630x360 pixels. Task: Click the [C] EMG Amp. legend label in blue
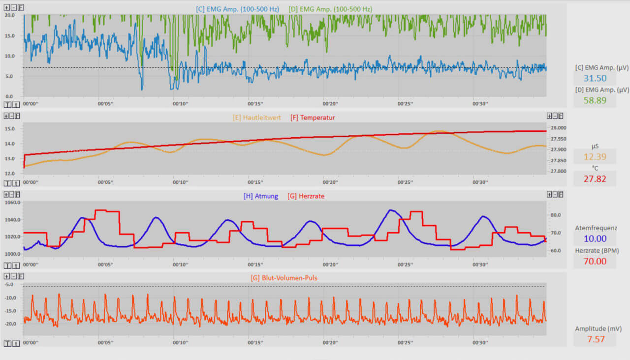pyautogui.click(x=238, y=9)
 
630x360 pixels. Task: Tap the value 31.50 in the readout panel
pyautogui.click(x=595, y=78)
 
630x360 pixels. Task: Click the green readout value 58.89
pyautogui.click(x=595, y=100)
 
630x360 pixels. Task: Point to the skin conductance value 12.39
pyautogui.click(x=595, y=157)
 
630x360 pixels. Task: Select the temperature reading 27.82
pyautogui.click(x=595, y=179)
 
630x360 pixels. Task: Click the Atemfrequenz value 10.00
pyautogui.click(x=595, y=239)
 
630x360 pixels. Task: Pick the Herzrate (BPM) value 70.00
pyautogui.click(x=595, y=261)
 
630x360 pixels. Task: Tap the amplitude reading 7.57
pyautogui.click(x=595, y=339)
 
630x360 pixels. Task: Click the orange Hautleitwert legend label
pyautogui.click(x=257, y=118)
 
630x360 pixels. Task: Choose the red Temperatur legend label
pyautogui.click(x=313, y=118)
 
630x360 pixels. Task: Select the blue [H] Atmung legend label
pyautogui.click(x=260, y=196)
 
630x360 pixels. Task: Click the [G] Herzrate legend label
pyautogui.click(x=306, y=196)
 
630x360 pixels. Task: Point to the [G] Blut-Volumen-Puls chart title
pyautogui.click(x=284, y=278)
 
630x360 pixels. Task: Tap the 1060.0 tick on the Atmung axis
pyautogui.click(x=12, y=202)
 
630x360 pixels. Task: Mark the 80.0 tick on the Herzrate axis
pyautogui.click(x=555, y=215)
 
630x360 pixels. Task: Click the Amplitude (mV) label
pyautogui.click(x=595, y=329)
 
